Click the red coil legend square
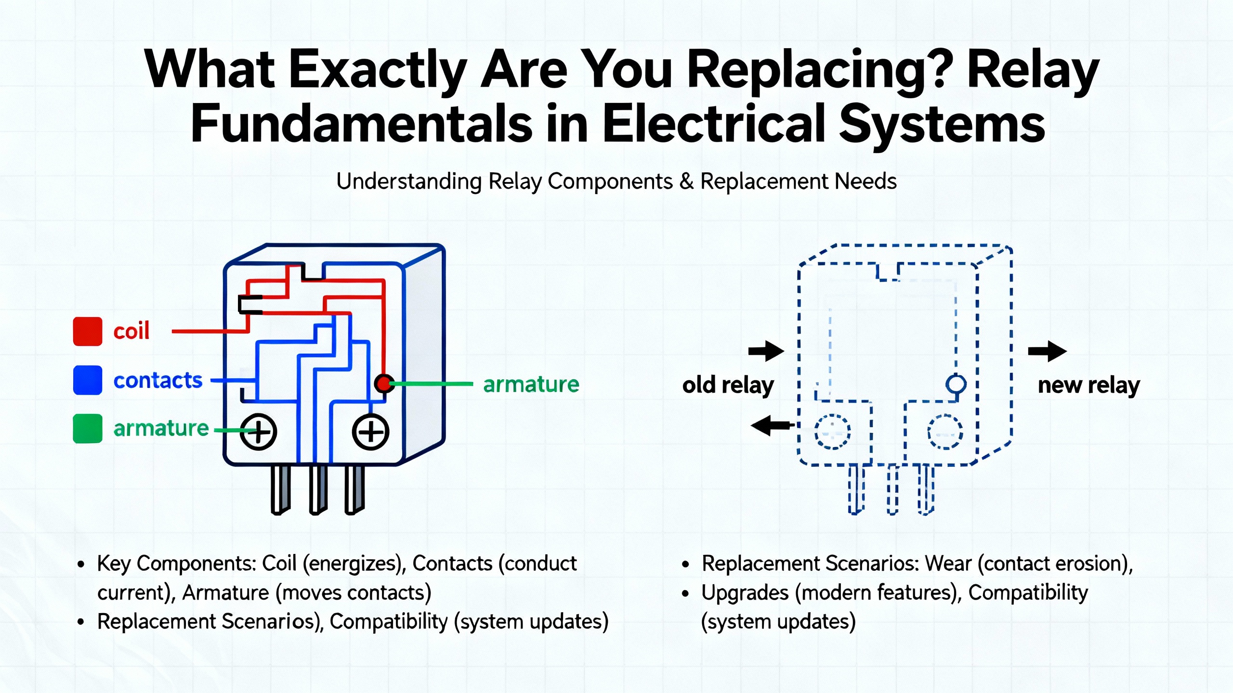pos(87,332)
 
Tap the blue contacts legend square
pos(87,380)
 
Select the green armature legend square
pos(87,428)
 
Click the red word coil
pos(131,331)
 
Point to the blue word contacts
pos(158,380)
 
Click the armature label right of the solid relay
pos(531,384)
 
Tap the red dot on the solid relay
pos(384,384)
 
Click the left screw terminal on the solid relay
pos(258,432)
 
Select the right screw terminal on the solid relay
pos(370,432)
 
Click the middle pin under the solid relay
pos(318,489)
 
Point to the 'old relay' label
pos(728,385)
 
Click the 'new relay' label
pos(1089,385)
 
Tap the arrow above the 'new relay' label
pos(1047,351)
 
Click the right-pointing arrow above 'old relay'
pos(766,351)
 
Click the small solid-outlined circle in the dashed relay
pos(956,384)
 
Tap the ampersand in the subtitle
pos(686,181)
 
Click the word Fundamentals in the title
pos(361,124)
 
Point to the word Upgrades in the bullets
pos(745,592)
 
